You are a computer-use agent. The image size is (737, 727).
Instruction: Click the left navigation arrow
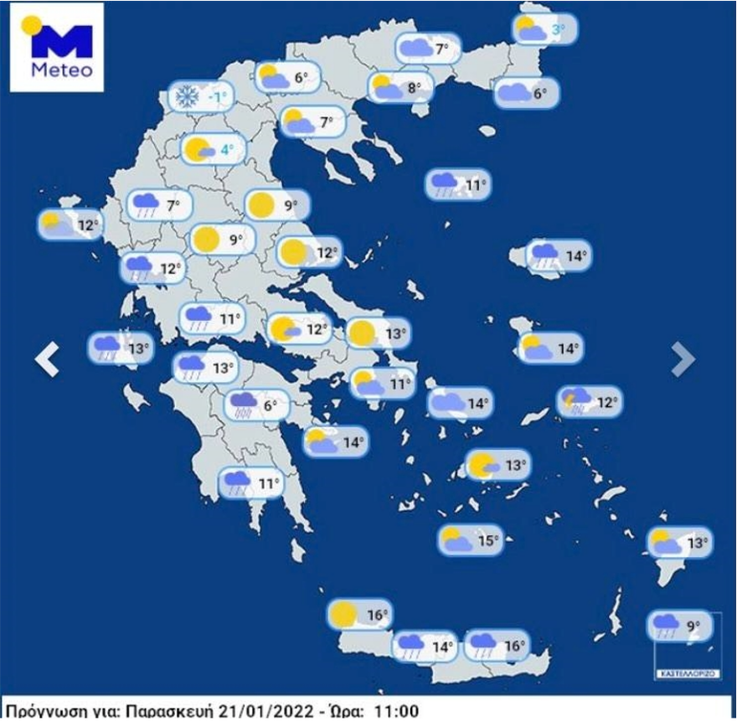click(48, 360)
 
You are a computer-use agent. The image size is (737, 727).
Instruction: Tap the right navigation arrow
click(683, 360)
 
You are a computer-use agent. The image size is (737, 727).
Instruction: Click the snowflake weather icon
click(184, 97)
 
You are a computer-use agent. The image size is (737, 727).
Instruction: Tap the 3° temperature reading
click(557, 32)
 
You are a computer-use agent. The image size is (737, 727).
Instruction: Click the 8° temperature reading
click(415, 87)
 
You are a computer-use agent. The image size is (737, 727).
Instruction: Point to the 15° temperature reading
click(487, 541)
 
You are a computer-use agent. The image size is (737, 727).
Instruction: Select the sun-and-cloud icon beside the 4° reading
click(199, 151)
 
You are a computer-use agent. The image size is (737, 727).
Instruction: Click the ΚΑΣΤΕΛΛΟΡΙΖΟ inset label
click(687, 673)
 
